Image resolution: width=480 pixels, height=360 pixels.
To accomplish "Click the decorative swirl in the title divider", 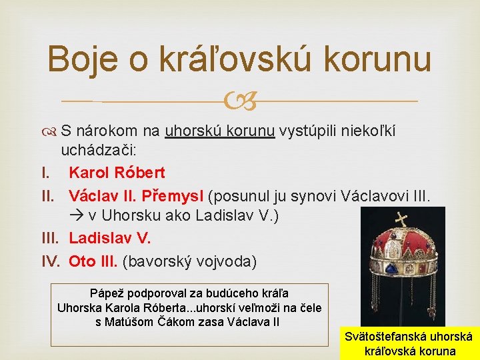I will pos(241,102).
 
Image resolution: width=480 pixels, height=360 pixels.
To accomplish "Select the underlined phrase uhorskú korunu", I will pos(220,131).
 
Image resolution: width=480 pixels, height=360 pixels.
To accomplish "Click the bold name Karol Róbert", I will pos(117,173).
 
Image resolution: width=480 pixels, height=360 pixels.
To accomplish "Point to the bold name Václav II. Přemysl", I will pos(137,196).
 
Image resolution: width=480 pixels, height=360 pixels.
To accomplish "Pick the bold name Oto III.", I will pos(93,260).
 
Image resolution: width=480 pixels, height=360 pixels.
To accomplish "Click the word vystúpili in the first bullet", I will pos(307,131).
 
